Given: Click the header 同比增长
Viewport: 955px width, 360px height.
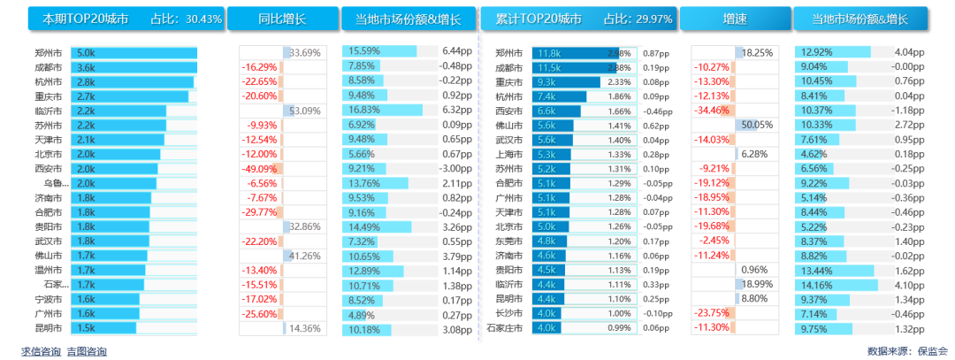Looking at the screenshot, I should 282,19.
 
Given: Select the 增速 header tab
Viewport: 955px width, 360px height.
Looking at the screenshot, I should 733,19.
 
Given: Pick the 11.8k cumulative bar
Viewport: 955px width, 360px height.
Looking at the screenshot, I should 575,53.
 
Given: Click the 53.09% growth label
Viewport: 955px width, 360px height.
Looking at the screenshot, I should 305,111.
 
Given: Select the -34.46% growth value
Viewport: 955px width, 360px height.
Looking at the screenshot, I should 712,111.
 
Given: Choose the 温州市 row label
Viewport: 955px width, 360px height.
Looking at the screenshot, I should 48,270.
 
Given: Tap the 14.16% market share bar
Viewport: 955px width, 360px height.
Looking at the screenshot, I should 837,284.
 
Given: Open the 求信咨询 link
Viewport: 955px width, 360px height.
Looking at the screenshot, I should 41,351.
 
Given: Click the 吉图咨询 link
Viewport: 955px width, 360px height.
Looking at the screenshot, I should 87,351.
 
